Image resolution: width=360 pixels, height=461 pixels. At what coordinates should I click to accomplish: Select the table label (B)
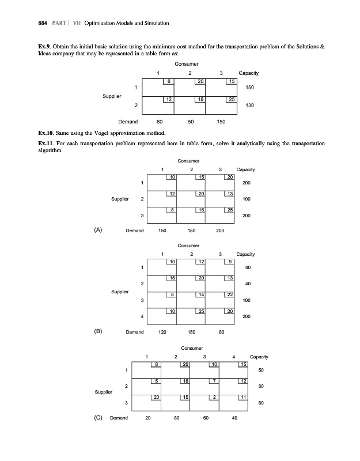click(x=98, y=332)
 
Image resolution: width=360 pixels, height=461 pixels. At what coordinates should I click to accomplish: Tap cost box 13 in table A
click(x=230, y=194)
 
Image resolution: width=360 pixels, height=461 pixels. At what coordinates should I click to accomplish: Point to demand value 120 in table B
click(x=162, y=332)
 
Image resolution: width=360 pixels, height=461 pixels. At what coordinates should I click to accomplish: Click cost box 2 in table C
click(x=214, y=398)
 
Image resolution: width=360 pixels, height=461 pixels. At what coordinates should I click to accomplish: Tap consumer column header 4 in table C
click(x=234, y=357)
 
